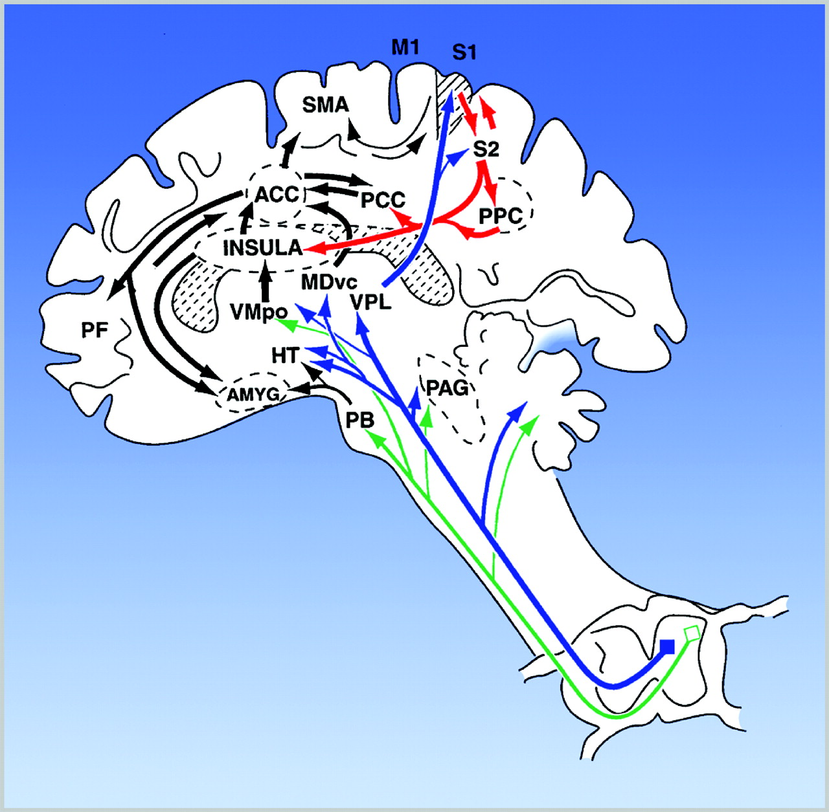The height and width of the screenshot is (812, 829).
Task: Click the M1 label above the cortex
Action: [x=405, y=47]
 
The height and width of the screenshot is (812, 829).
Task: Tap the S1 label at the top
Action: [x=464, y=52]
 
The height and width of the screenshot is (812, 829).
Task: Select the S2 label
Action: [x=486, y=149]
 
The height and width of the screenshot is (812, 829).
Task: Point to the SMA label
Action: [x=325, y=105]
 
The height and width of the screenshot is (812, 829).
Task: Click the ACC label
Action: [x=276, y=194]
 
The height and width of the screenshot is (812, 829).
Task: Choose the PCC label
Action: [x=382, y=200]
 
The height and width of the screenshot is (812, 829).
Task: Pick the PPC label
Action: [x=500, y=216]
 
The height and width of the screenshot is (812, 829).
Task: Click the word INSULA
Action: [x=262, y=248]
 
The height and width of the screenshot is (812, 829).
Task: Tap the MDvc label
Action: [x=329, y=282]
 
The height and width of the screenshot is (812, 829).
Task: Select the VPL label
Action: [x=371, y=302]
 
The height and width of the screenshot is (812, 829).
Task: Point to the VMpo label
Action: [x=258, y=313]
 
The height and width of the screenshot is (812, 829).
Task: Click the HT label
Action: [x=285, y=355]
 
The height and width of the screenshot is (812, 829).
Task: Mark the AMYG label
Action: [x=253, y=393]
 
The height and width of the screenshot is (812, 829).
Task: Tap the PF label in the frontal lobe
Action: [x=95, y=330]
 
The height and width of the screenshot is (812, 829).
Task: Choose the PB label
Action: [x=359, y=420]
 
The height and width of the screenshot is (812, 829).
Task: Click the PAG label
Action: [x=447, y=388]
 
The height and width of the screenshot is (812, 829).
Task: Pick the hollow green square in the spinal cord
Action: [x=692, y=633]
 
